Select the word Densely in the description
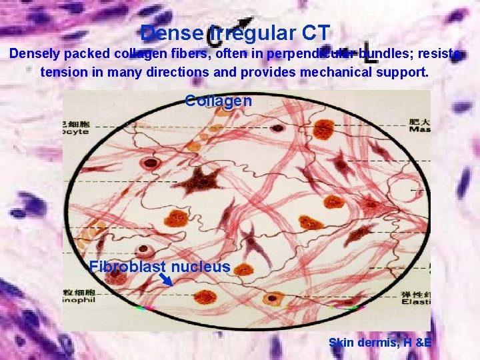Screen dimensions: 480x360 point(35,55)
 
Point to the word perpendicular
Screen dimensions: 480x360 point(313,55)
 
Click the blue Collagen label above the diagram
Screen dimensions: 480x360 point(218,101)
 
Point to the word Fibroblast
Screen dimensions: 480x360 point(127,267)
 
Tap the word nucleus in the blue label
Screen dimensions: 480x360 point(200,267)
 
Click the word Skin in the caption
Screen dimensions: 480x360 point(341,343)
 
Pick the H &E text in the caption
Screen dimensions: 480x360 point(416,343)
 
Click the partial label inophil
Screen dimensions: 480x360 point(77,301)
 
